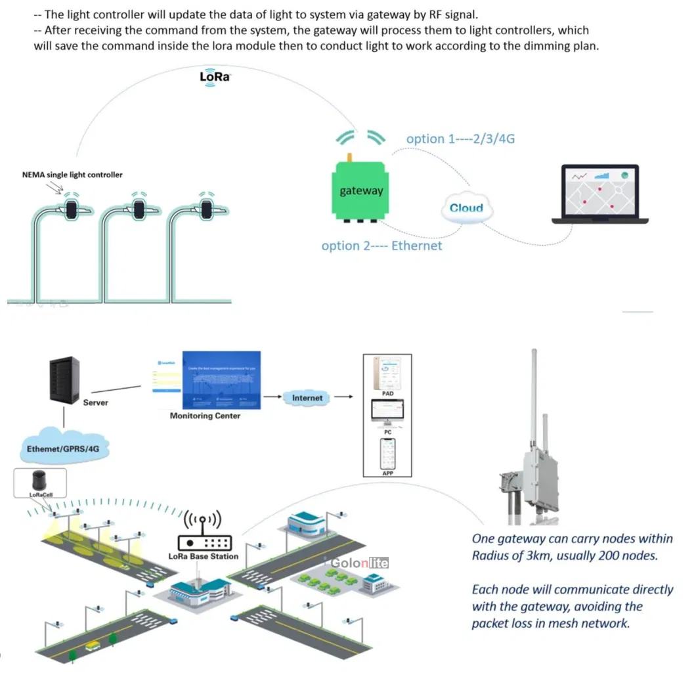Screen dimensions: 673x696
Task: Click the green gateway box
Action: [360, 190]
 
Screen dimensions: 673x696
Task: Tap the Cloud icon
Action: [466, 208]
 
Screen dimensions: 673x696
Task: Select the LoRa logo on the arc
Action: [215, 77]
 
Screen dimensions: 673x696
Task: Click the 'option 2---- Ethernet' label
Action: [381, 246]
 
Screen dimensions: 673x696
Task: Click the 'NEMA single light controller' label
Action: [72, 175]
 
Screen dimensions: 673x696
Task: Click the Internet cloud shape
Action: [307, 397]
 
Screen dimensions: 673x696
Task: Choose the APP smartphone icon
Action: [387, 454]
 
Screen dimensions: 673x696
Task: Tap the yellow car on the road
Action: [93, 645]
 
